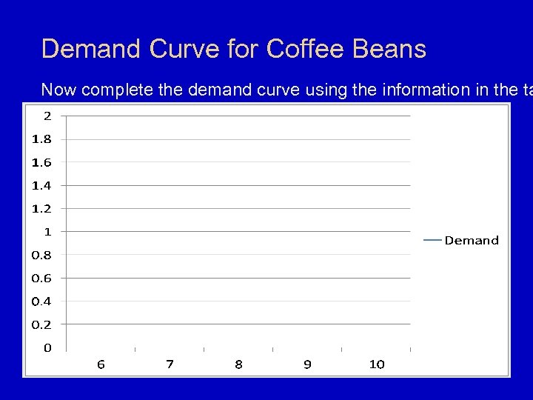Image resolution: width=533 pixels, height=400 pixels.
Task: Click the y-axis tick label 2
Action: click(x=47, y=115)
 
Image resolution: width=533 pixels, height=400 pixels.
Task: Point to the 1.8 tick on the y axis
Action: click(x=41, y=139)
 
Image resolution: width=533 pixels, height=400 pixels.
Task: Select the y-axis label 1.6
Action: click(x=41, y=161)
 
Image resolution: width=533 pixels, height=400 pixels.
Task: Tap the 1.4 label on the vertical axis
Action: click(x=41, y=184)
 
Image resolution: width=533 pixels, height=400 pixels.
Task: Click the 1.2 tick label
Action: click(x=41, y=208)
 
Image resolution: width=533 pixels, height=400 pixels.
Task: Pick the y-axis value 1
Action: click(x=47, y=231)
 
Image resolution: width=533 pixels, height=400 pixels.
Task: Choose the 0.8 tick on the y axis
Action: click(x=41, y=255)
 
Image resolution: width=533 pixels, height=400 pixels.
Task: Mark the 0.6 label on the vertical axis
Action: click(x=41, y=278)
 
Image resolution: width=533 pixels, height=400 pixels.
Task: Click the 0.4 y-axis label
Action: click(x=41, y=301)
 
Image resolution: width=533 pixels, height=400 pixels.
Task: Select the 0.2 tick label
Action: click(x=41, y=324)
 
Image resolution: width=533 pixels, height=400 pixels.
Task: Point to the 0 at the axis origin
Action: click(x=47, y=347)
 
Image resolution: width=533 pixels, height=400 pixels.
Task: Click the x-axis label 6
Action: click(x=101, y=364)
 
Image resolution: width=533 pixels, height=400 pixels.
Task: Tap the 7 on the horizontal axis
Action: click(x=170, y=364)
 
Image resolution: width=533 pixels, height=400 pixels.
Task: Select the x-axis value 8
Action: click(x=238, y=364)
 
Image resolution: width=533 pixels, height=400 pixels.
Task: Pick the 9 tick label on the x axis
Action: click(x=307, y=364)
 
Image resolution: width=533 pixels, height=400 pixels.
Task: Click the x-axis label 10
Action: click(x=376, y=364)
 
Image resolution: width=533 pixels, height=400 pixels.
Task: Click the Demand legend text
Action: click(x=472, y=240)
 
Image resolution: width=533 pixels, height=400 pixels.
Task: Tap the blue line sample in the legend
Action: click(x=432, y=240)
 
